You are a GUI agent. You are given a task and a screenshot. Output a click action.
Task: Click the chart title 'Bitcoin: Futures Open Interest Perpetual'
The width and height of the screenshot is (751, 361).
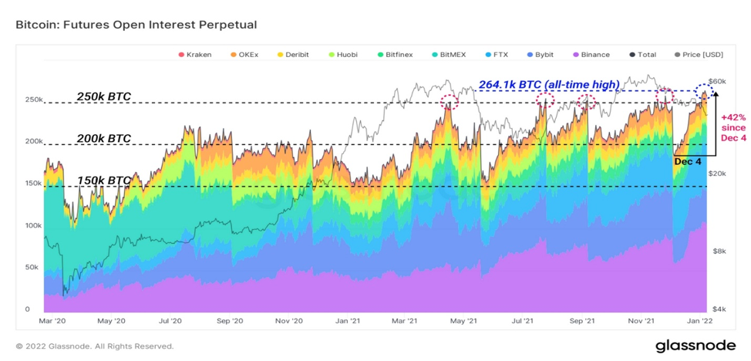click(x=136, y=25)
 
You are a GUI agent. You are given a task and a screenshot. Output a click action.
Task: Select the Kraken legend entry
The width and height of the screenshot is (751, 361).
click(x=195, y=55)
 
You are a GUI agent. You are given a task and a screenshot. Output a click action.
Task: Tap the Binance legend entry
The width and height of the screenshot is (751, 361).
click(x=591, y=55)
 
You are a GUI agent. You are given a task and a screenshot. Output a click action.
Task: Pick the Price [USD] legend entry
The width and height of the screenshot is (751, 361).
click(x=699, y=55)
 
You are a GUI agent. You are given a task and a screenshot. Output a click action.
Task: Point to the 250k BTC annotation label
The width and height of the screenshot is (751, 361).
click(x=104, y=96)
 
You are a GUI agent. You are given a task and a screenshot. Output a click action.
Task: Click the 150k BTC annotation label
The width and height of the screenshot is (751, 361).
click(x=104, y=180)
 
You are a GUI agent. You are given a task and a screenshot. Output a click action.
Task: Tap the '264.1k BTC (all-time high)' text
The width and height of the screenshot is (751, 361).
click(x=549, y=85)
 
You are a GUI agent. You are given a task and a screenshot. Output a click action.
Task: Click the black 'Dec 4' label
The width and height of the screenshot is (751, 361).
click(x=688, y=161)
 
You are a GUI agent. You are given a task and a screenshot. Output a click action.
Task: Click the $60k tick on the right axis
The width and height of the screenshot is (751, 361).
click(x=718, y=82)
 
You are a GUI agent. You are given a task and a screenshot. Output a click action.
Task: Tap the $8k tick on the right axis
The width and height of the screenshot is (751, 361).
click(x=716, y=251)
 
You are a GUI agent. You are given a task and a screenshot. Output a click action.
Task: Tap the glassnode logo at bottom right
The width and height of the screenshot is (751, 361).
click(x=695, y=345)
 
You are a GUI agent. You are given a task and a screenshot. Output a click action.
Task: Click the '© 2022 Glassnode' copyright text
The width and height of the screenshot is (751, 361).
click(x=95, y=346)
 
